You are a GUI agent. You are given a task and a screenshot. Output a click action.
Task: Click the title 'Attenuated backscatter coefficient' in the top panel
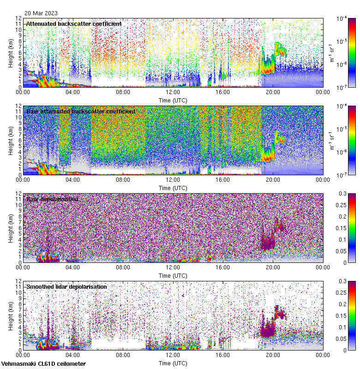74,24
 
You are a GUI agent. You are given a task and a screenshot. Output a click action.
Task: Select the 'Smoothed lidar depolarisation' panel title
66,286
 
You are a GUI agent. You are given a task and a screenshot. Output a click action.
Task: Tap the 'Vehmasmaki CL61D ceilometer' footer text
43,364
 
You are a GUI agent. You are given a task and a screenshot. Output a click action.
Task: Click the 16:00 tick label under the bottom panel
222,355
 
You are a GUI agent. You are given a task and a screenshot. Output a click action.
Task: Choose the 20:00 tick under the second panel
273,179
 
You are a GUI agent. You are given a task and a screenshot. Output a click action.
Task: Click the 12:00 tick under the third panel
173,267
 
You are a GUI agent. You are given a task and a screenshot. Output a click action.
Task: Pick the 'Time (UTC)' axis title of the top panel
173,100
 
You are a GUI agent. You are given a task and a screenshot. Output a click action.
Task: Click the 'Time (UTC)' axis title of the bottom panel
173,363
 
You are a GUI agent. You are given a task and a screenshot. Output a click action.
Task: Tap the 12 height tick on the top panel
18,18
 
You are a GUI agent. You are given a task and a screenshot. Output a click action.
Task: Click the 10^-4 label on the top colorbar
342,19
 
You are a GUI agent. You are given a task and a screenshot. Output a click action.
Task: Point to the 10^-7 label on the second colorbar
342,175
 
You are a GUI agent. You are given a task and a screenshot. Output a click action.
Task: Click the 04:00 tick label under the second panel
73,179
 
